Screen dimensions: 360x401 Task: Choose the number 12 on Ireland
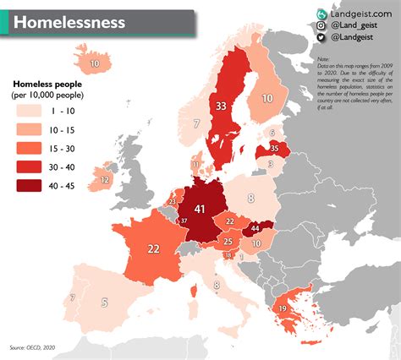click(x=105, y=180)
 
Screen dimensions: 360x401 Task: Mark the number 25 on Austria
click(x=228, y=242)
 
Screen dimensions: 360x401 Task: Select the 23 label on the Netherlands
click(x=173, y=202)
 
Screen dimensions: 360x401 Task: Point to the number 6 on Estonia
click(x=272, y=133)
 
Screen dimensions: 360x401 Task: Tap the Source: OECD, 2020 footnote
click(x=31, y=347)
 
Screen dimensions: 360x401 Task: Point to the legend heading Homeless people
click(x=49, y=85)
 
